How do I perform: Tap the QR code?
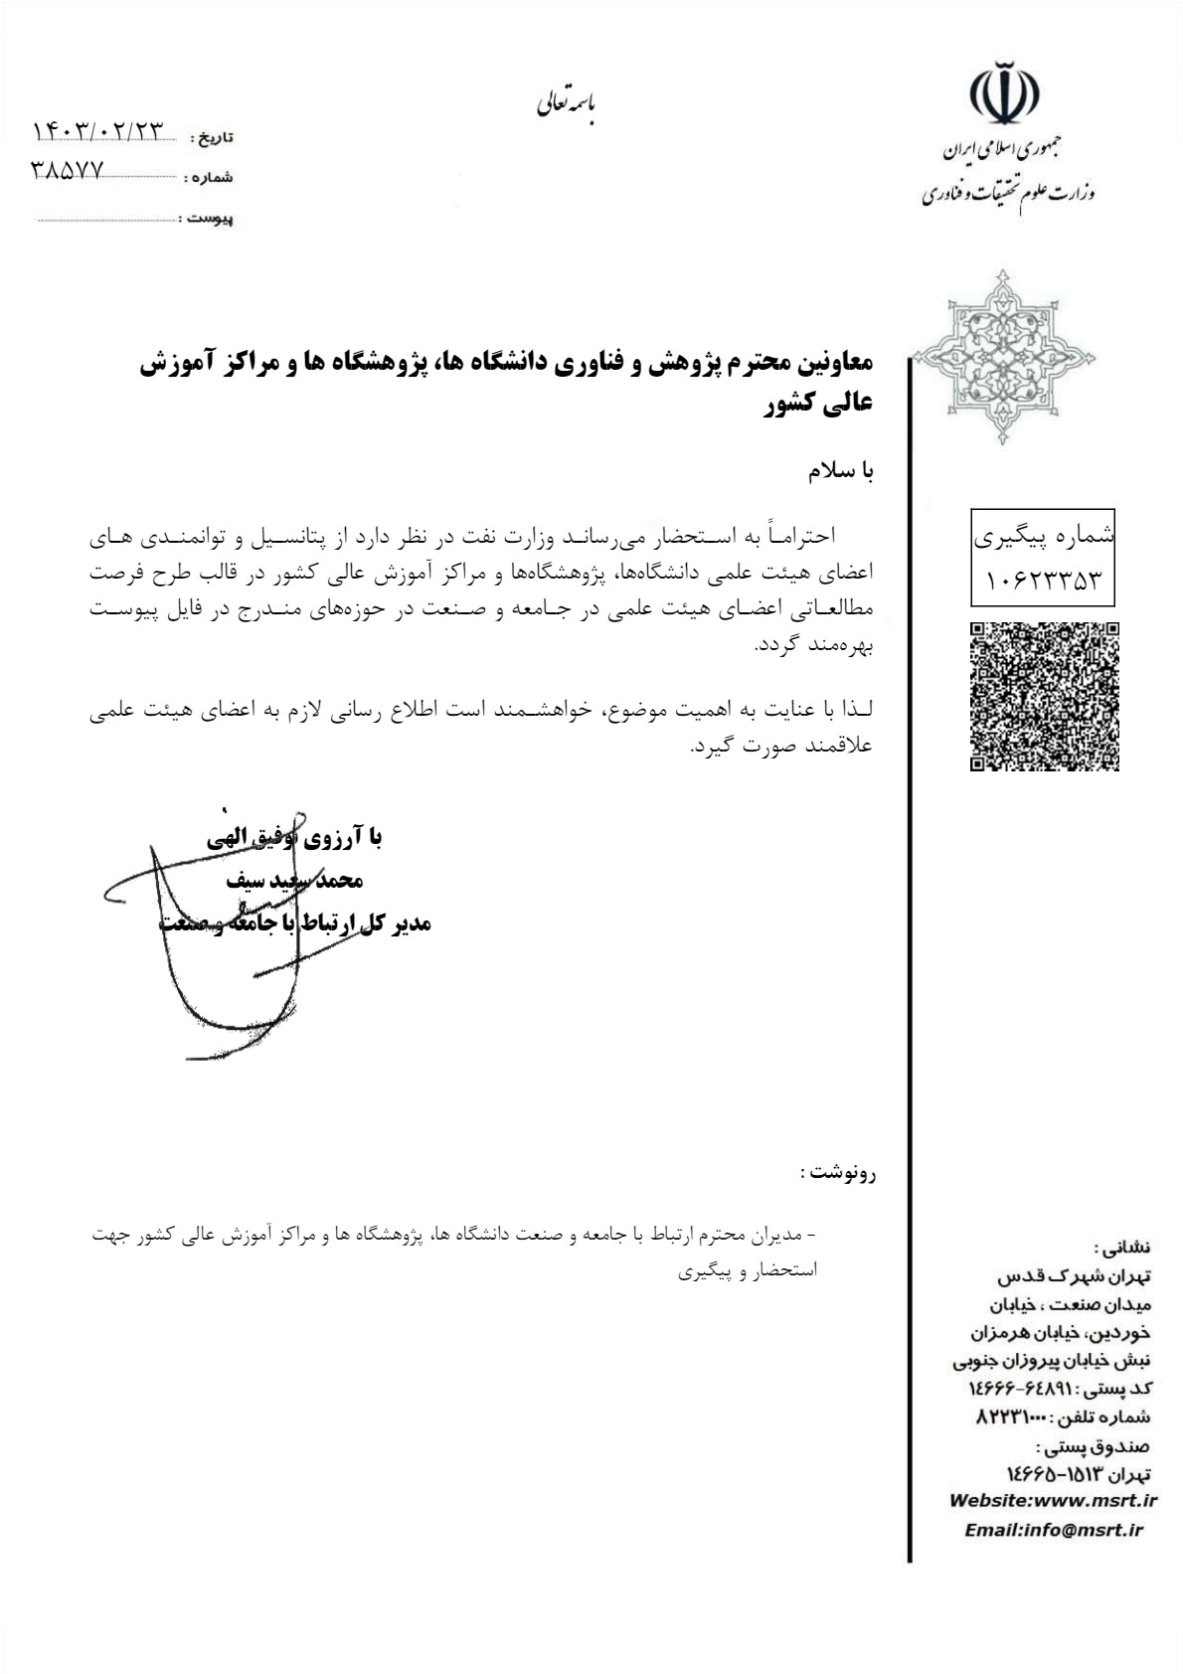[1044, 696]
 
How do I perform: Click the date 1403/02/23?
[98, 131]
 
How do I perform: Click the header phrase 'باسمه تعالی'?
[567, 102]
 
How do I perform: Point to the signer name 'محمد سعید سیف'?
[294, 881]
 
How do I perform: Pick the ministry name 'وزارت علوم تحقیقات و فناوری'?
[1007, 193]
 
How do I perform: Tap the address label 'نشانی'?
[1123, 1247]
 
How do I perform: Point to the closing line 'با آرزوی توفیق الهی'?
[294, 838]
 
